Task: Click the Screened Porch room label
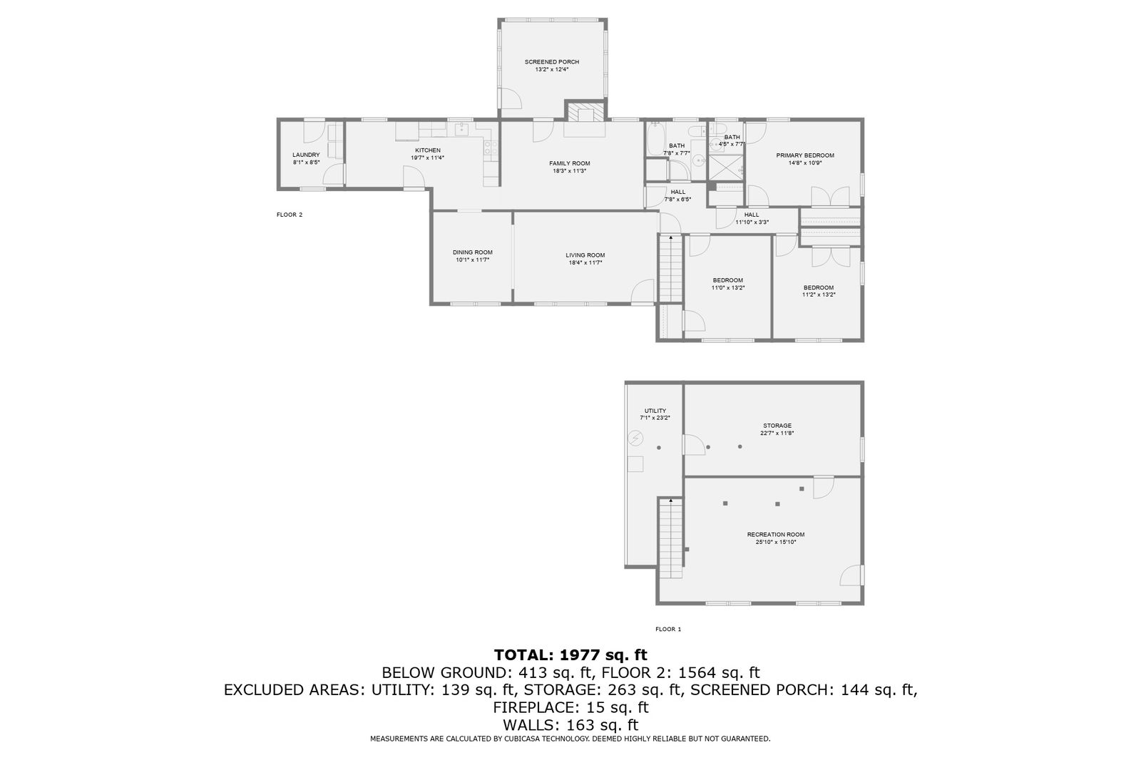(x=552, y=62)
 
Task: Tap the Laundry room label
(x=306, y=155)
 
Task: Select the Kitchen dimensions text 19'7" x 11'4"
(x=428, y=158)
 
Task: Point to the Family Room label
(x=570, y=163)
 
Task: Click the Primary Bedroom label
(x=805, y=155)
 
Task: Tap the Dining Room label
(x=473, y=252)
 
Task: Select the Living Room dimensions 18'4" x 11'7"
(x=585, y=263)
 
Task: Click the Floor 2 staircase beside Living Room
(x=670, y=269)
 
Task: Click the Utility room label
(x=655, y=411)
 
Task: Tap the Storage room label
(x=777, y=426)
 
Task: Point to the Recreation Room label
(x=776, y=534)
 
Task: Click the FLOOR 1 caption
(x=668, y=629)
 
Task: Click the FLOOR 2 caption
(x=290, y=215)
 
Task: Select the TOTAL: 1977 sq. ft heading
(x=570, y=654)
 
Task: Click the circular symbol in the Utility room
(x=635, y=438)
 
